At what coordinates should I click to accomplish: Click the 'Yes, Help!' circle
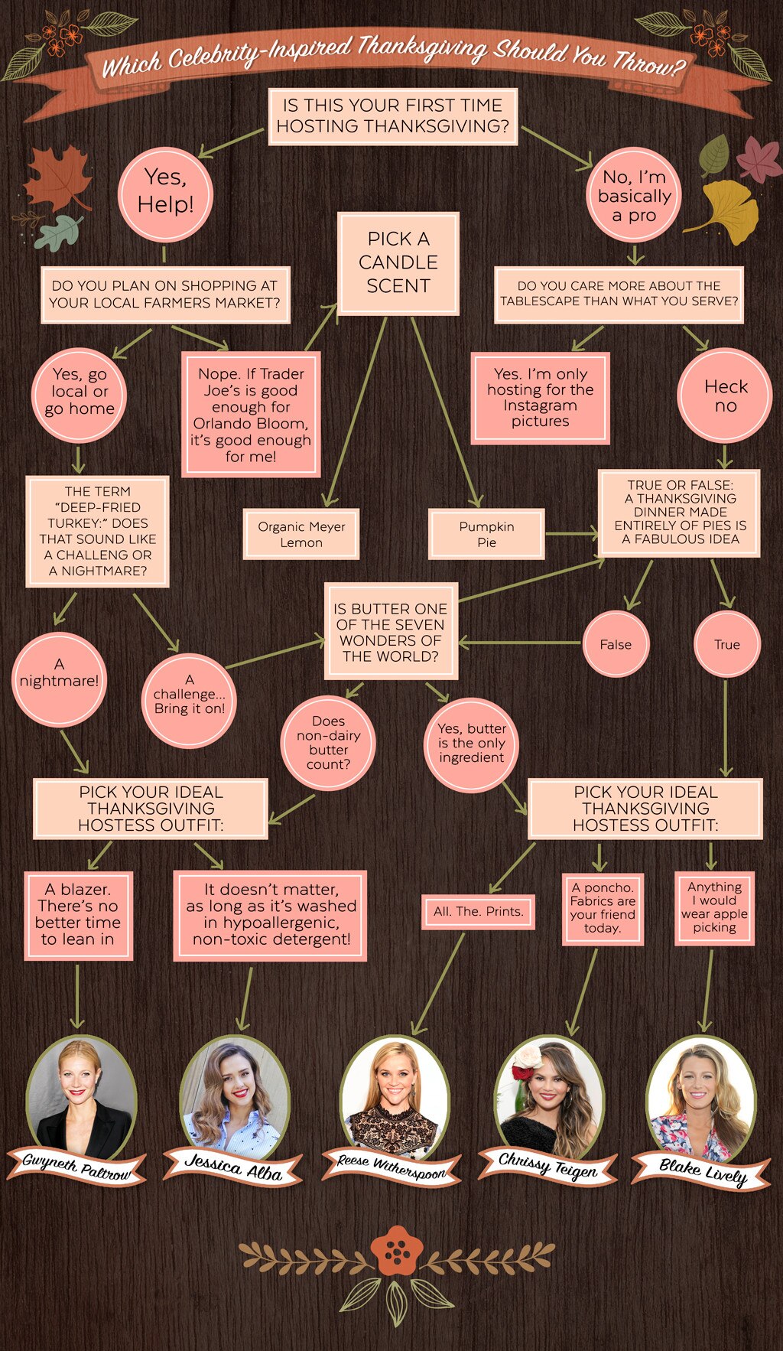[x=165, y=193]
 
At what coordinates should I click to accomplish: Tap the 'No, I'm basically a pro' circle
[x=634, y=196]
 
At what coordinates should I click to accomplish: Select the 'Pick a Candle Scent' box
[x=398, y=262]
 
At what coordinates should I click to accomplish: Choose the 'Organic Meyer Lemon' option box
[x=301, y=534]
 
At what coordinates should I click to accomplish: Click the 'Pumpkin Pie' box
[x=486, y=534]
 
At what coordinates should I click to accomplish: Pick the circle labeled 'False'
[x=616, y=644]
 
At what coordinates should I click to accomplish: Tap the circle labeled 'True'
[x=726, y=644]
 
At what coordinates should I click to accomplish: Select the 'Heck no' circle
[x=725, y=396]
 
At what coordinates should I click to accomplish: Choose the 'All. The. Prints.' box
[x=479, y=911]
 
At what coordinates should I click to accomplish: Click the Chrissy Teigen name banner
[x=547, y=1164]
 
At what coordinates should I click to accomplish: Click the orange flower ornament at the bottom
[x=396, y=1250]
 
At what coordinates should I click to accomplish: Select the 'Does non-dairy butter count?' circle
[x=328, y=743]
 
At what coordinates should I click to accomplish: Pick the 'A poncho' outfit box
[x=603, y=907]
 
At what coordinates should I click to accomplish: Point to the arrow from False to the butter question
[x=520, y=643]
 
